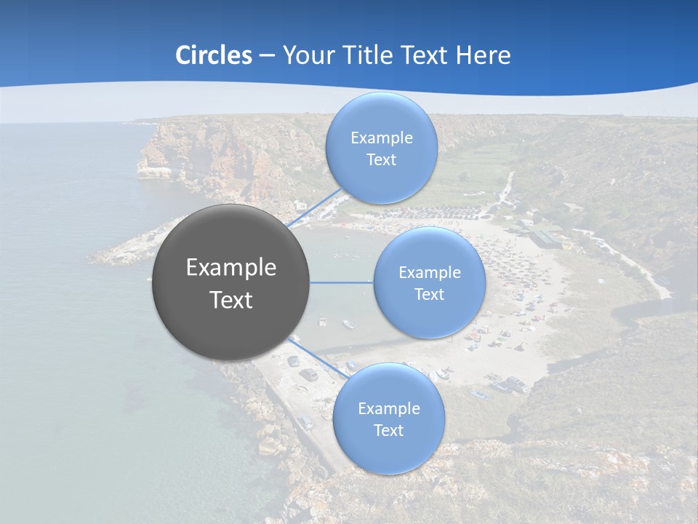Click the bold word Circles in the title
point(213,55)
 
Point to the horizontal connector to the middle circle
point(341,282)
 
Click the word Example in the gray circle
point(231,268)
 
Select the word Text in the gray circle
point(231,300)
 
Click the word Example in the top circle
point(382,138)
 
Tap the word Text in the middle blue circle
point(429,294)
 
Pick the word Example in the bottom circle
point(389,408)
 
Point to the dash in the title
point(267,56)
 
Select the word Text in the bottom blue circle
point(388,430)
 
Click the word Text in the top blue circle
point(381,160)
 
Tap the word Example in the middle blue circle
point(430,273)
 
